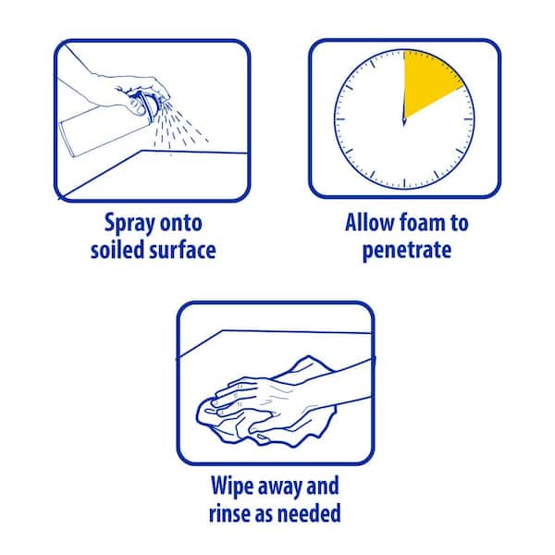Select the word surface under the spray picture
(x=182, y=250)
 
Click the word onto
(x=181, y=223)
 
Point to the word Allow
(x=370, y=223)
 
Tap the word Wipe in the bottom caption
(x=231, y=486)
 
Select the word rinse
(x=230, y=512)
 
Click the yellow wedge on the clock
(x=428, y=81)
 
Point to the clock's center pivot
(x=404, y=120)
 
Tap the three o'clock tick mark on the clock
(x=468, y=119)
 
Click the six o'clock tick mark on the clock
(x=404, y=184)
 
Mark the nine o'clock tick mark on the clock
(x=340, y=119)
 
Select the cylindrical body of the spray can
(x=102, y=131)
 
